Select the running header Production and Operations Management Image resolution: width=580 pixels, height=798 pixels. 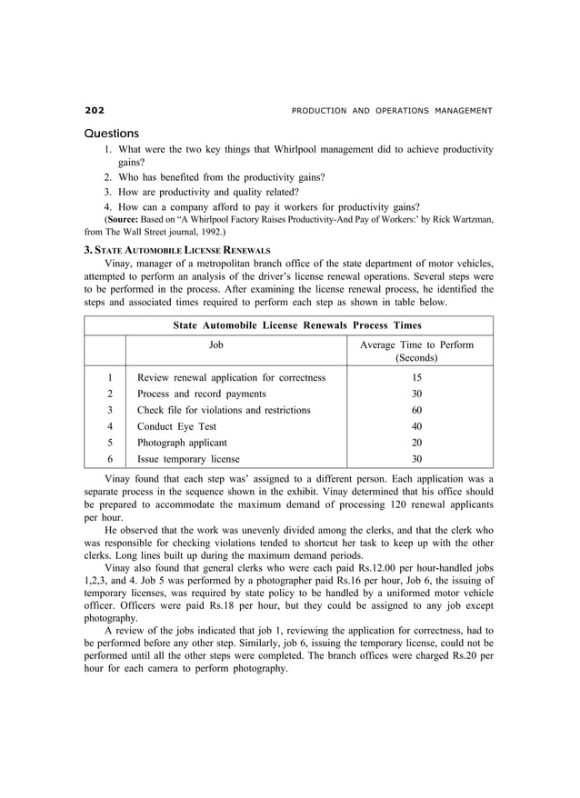[392, 111]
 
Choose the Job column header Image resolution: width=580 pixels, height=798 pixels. [216, 344]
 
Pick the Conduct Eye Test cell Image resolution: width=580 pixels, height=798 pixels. [178, 426]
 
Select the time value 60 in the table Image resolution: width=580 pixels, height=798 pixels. [416, 410]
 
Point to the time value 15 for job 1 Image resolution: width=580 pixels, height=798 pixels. [416, 377]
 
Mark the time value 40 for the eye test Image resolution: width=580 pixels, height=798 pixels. [416, 426]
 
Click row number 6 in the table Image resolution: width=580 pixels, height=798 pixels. [110, 459]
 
